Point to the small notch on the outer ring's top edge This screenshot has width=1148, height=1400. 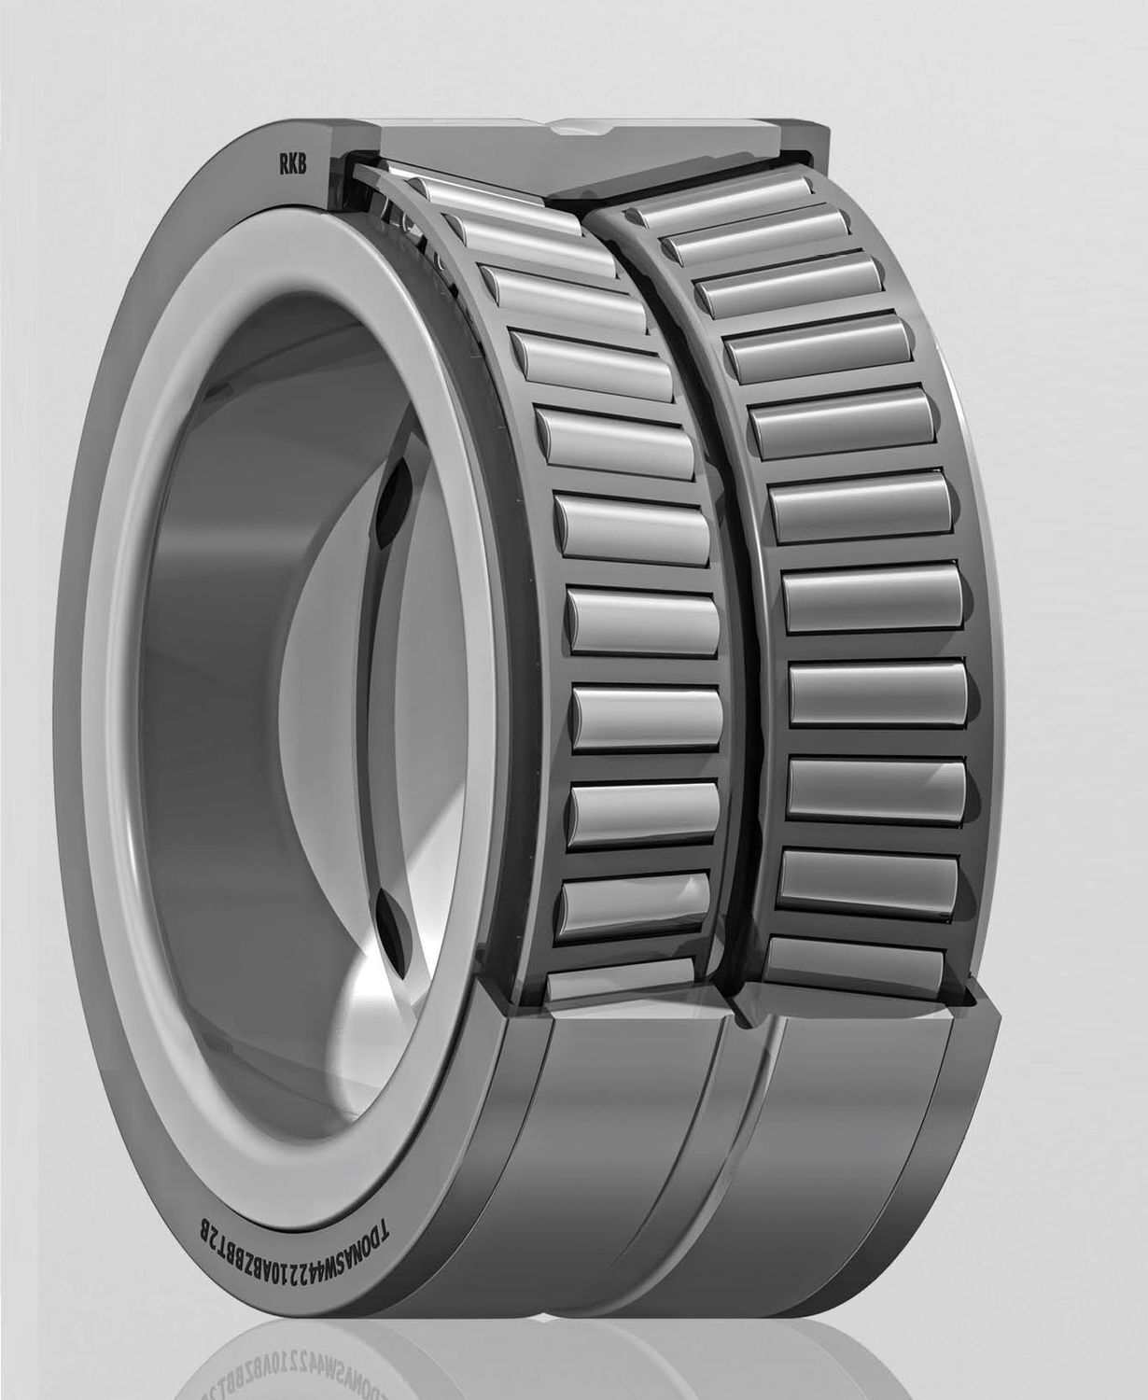click(x=569, y=129)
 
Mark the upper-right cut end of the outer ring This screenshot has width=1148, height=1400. click(x=803, y=140)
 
